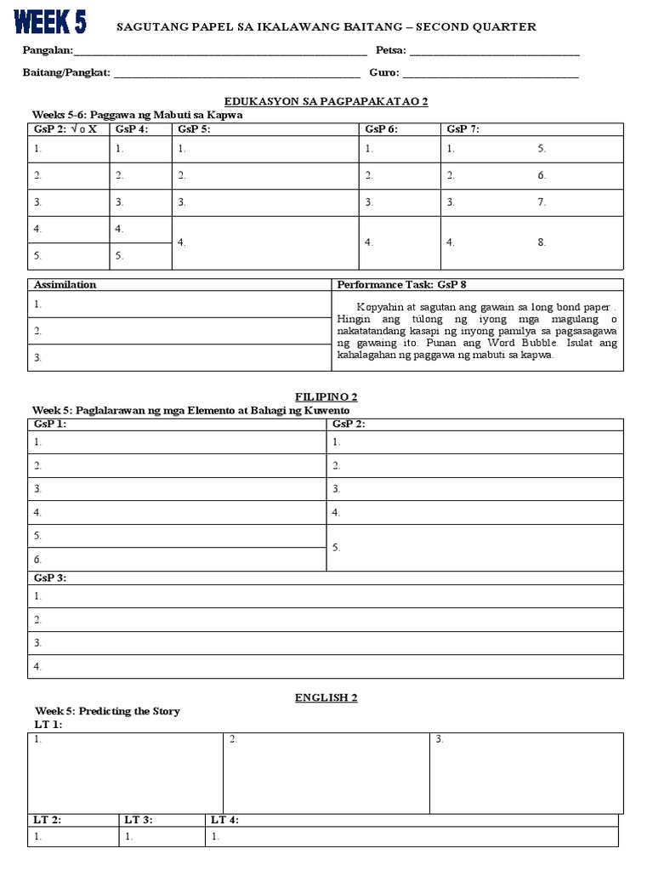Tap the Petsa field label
pos(390,51)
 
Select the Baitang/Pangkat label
pos(66,73)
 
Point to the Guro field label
pos(383,73)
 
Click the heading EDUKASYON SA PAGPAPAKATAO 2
pos(326,101)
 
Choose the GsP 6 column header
pos(382,129)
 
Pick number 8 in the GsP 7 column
pos(542,242)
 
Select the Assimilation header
pos(65,285)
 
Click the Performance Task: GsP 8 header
pos(401,285)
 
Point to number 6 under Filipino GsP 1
pos(37,560)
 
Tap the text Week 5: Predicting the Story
pos(107,711)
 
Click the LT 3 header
pos(139,820)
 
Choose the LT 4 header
pos(224,820)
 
